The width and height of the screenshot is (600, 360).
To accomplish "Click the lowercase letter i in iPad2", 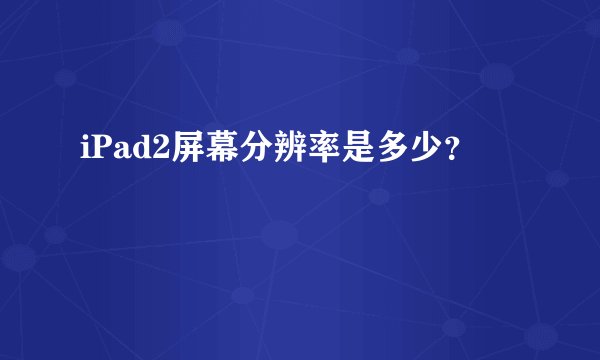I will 80,149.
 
